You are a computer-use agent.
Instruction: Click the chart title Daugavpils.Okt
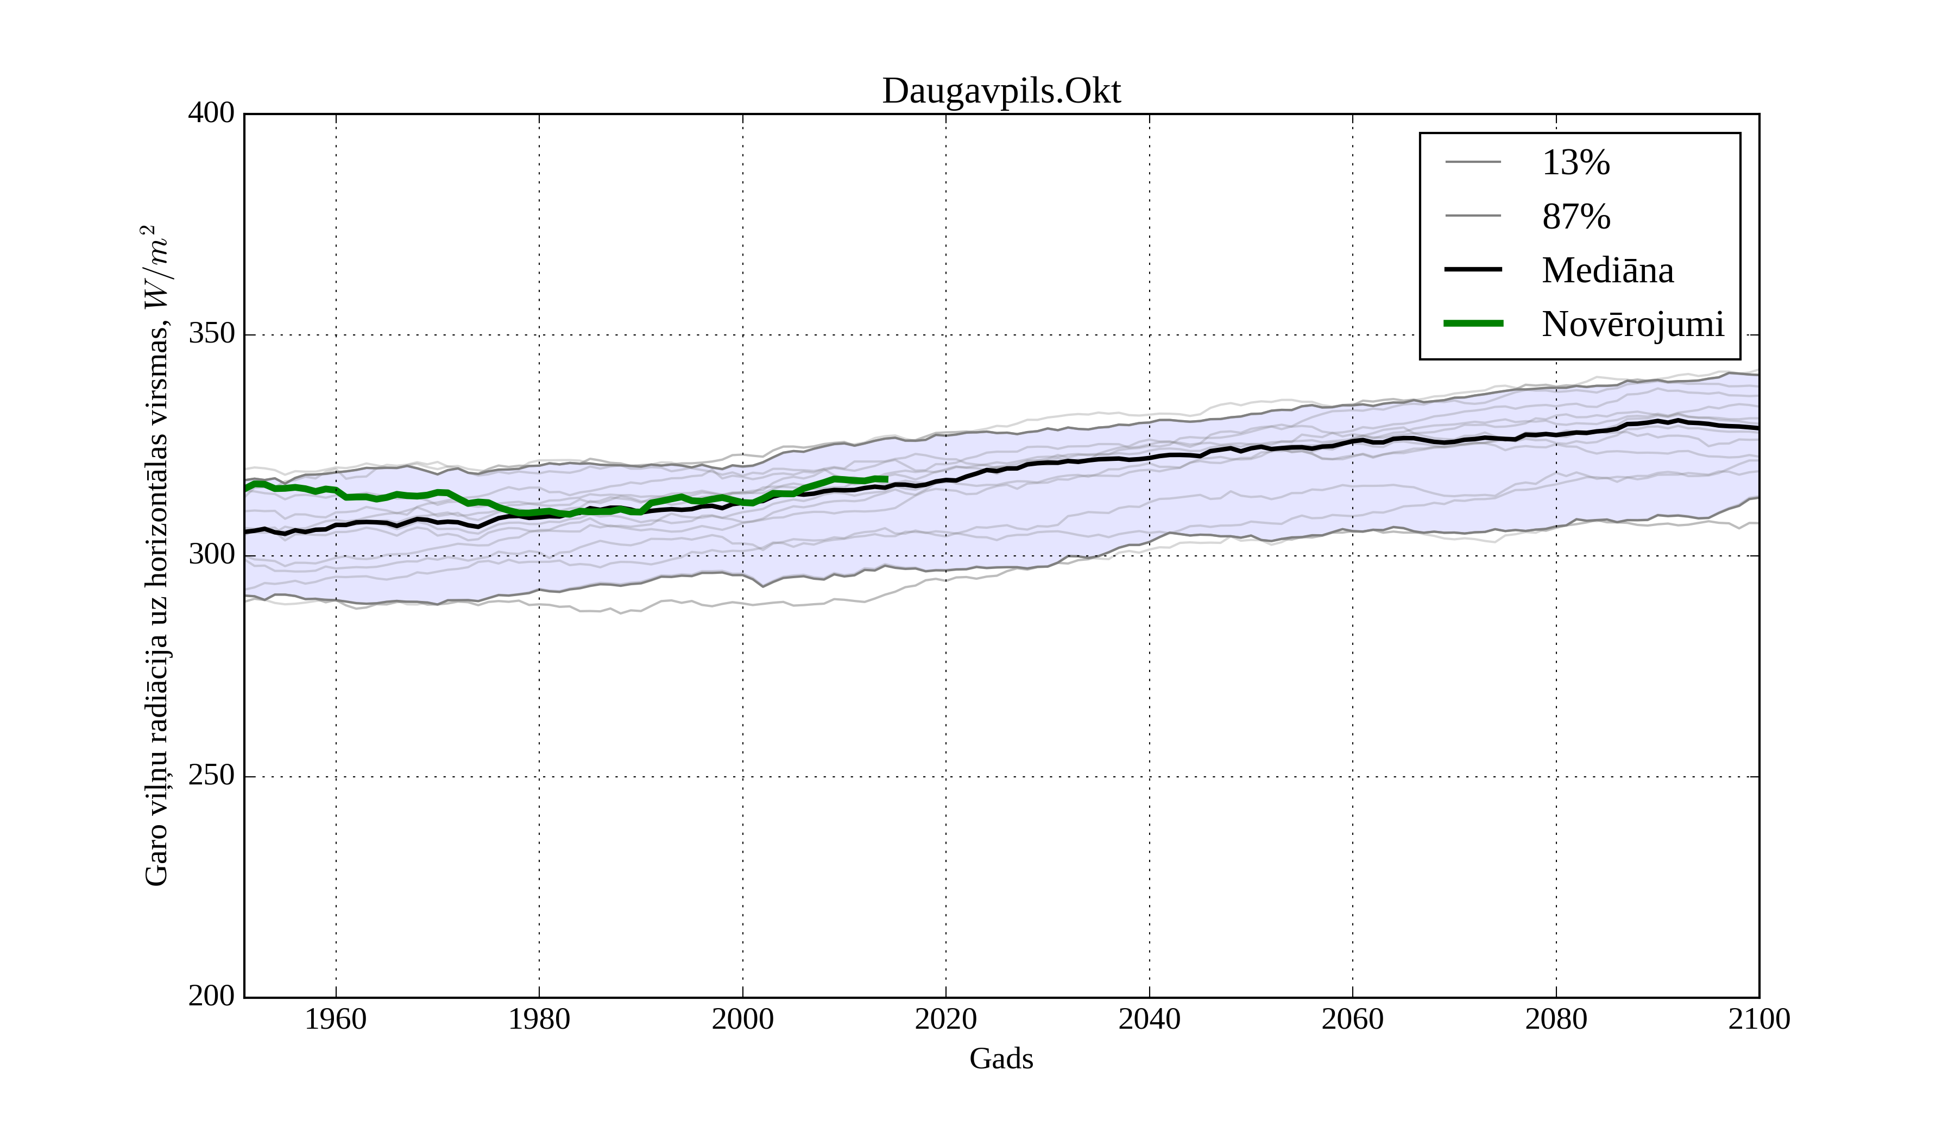pos(1001,92)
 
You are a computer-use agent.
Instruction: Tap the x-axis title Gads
pos(1001,1059)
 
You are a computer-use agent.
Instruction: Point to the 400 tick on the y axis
pos(211,113)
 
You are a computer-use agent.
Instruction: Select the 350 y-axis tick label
pos(211,334)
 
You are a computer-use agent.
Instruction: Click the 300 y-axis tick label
pos(211,555)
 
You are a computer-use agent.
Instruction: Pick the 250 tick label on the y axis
pos(211,776)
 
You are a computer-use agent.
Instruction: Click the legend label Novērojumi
pos(1632,324)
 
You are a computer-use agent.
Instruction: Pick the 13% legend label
pos(1575,163)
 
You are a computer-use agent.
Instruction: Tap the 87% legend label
pos(1575,217)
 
